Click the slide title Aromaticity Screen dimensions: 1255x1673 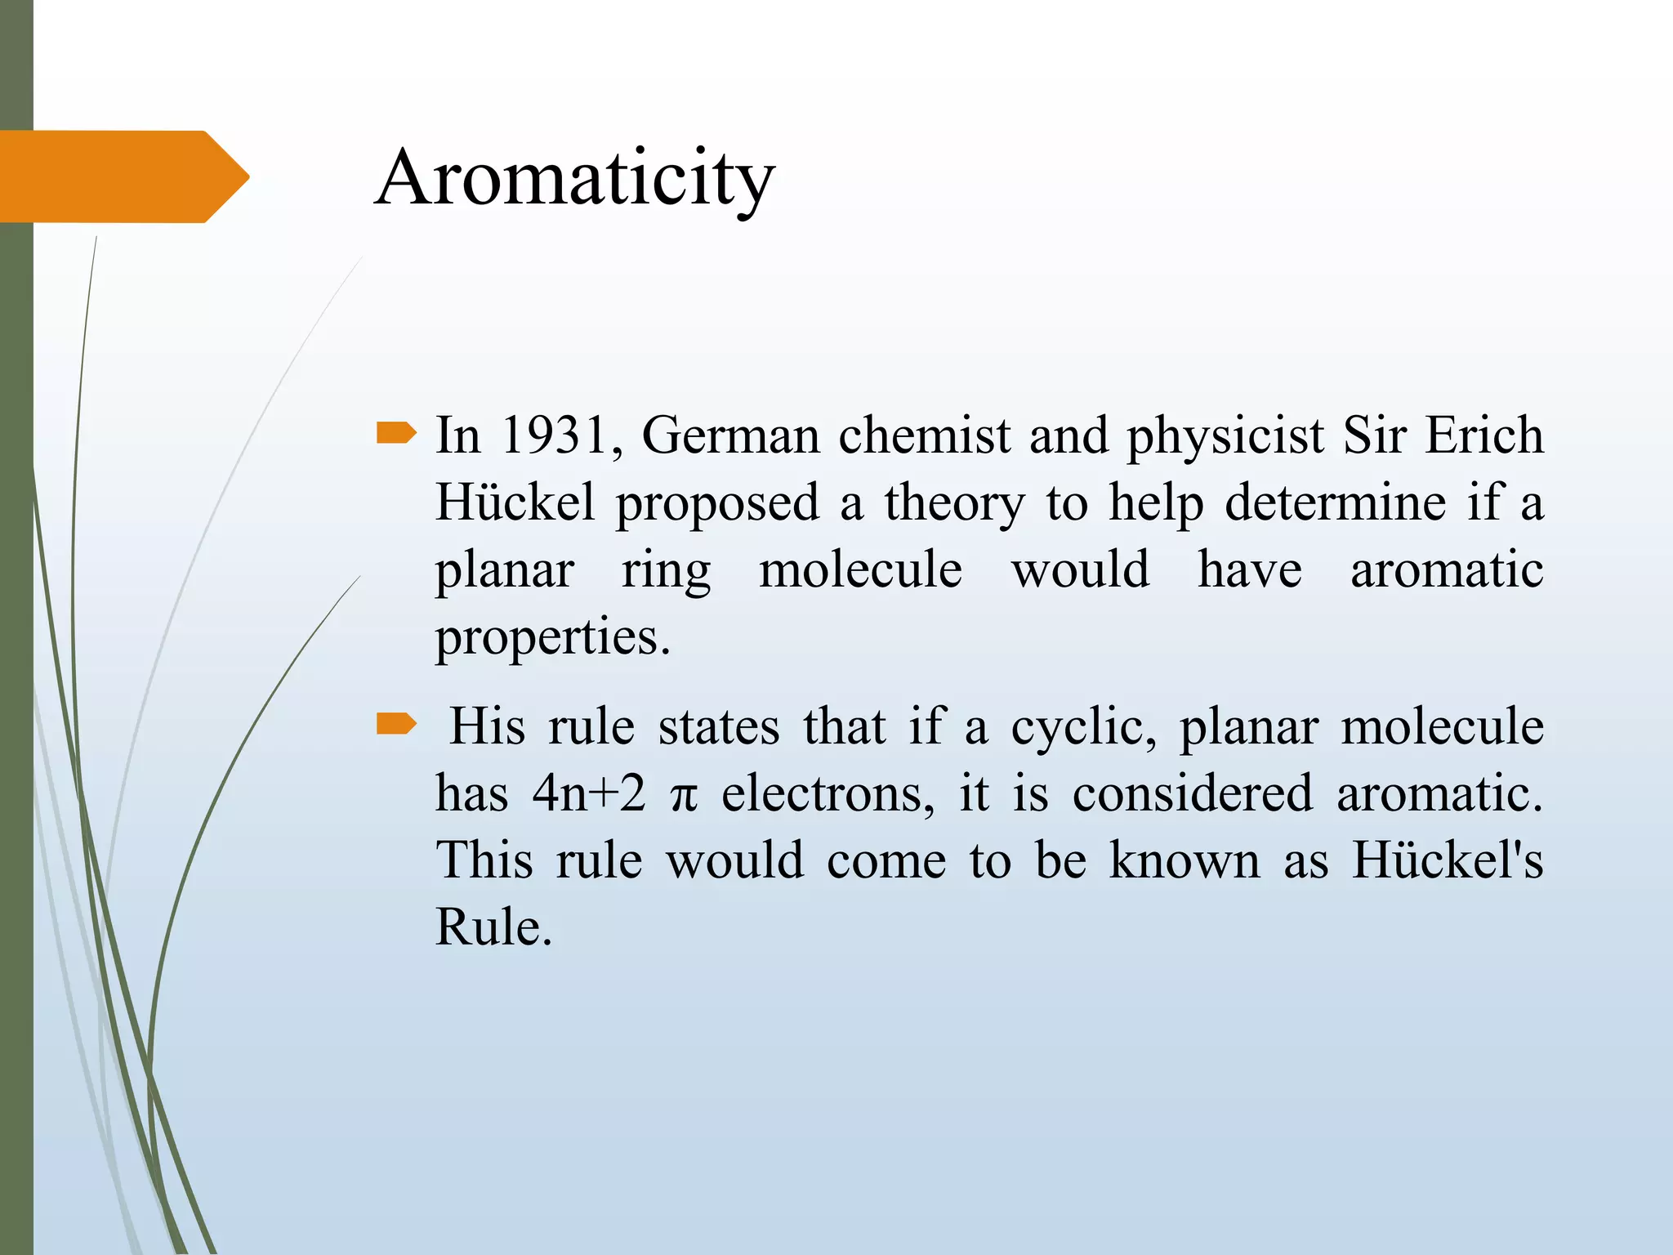point(575,178)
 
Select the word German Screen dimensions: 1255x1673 point(730,435)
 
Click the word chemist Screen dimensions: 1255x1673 point(924,435)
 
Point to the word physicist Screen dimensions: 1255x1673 point(1225,436)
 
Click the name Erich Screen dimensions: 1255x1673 point(1484,435)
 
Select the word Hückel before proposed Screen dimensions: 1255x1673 point(515,502)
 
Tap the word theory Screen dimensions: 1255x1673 point(953,503)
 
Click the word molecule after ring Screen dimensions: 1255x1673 point(860,569)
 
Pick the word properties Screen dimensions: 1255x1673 point(551,638)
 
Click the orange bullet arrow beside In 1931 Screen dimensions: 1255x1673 point(396,433)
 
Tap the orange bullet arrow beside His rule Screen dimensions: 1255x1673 point(396,724)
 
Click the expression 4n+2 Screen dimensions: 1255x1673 point(588,793)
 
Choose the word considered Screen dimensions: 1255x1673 point(1192,793)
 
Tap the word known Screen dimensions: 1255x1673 point(1184,860)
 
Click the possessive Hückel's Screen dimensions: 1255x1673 point(1447,860)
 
